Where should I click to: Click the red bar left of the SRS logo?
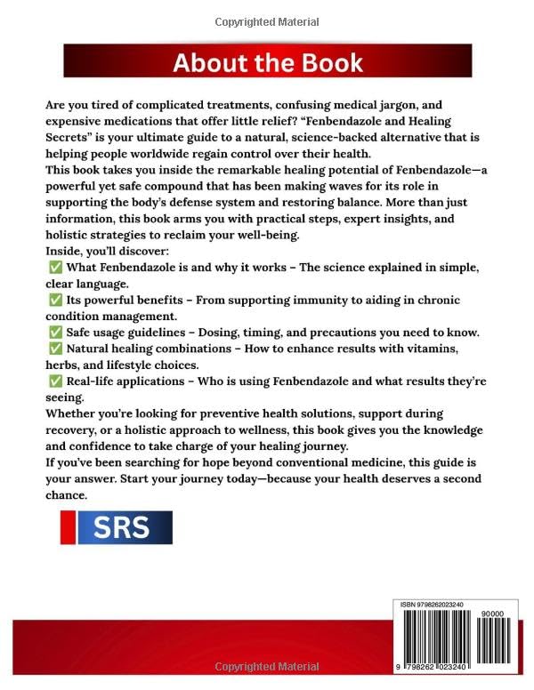click(64, 528)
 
